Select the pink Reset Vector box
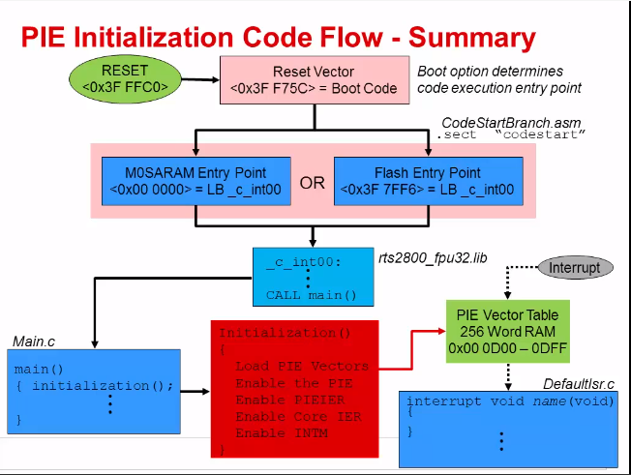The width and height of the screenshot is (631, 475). pyautogui.click(x=314, y=80)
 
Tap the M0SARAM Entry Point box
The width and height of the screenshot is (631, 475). pyautogui.click(x=195, y=182)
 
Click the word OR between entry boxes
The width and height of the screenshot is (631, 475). pyautogui.click(x=313, y=183)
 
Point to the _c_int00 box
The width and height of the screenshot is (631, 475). pyautogui.click(x=312, y=277)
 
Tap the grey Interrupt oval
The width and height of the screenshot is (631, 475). pyautogui.click(x=575, y=267)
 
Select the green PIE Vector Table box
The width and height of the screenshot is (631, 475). pyautogui.click(x=502, y=331)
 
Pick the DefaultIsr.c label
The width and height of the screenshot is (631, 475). pyautogui.click(x=578, y=384)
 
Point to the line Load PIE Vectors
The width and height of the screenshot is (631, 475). pyautogui.click(x=301, y=367)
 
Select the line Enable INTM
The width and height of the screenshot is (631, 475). pyautogui.click(x=281, y=432)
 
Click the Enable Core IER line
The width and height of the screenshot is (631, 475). pyautogui.click(x=293, y=416)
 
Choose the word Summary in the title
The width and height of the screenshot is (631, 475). pyautogui.click(x=471, y=38)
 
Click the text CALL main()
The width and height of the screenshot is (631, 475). pyautogui.click(x=312, y=295)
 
